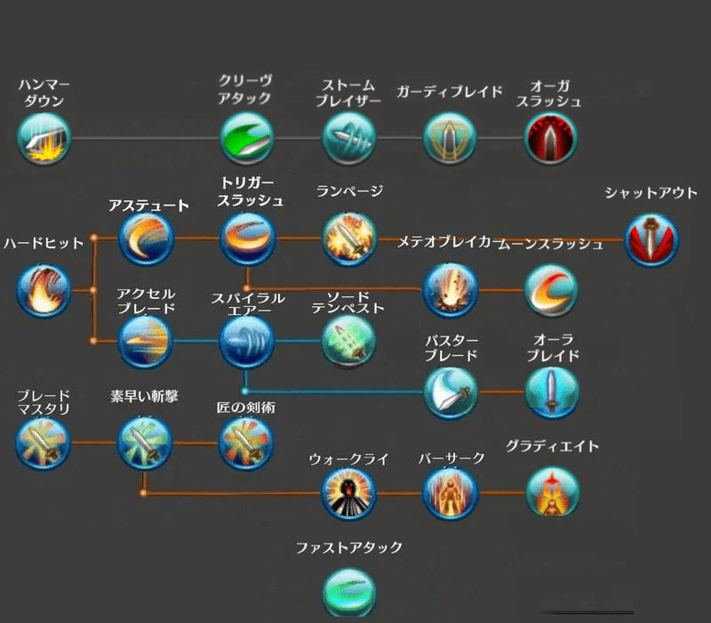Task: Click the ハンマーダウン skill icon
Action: [44, 139]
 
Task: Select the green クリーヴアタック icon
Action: [246, 139]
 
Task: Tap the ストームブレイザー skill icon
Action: [348, 139]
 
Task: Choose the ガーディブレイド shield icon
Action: [449, 139]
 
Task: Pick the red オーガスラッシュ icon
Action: [551, 139]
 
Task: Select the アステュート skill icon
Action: [146, 239]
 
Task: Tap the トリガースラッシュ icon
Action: [246, 239]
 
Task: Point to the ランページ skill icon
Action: [348, 239]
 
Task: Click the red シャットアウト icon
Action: [651, 239]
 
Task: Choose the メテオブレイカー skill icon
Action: [449, 290]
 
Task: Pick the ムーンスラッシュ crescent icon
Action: [551, 290]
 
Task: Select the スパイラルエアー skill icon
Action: [246, 341]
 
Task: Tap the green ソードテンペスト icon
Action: [348, 341]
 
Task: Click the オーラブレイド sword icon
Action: [551, 392]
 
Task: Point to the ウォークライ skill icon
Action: [348, 492]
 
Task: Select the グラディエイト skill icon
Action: [551, 492]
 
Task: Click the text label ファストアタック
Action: [349, 547]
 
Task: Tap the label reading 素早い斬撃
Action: [145, 395]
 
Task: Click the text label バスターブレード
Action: [451, 348]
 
